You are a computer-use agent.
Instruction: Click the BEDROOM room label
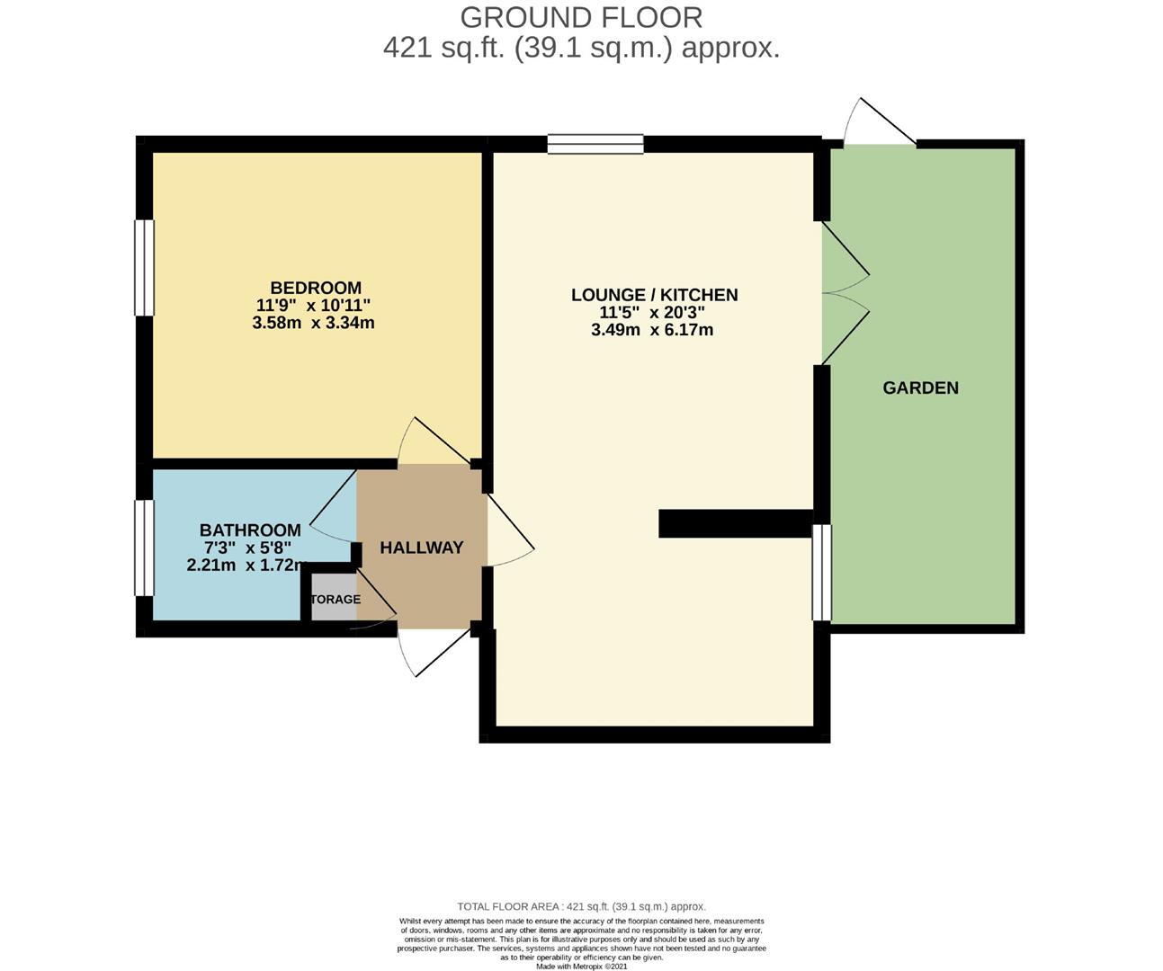coord(316,288)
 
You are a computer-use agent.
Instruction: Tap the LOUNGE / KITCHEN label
coord(654,295)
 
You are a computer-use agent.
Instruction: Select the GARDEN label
coord(920,388)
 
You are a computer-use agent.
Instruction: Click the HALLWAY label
coord(421,548)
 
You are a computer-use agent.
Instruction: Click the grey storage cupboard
coord(334,599)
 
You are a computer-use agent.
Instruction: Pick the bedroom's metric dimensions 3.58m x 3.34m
coord(313,322)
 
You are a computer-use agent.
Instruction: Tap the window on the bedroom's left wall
coord(144,268)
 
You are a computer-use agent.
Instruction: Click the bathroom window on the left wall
coord(144,548)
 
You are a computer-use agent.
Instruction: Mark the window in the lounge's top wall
coord(595,144)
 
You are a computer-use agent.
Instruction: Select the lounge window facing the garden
coord(821,573)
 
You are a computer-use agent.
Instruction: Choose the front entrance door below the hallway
coord(434,649)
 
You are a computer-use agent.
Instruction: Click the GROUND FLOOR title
coord(581,17)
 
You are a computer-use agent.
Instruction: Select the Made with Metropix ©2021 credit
coord(581,967)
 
